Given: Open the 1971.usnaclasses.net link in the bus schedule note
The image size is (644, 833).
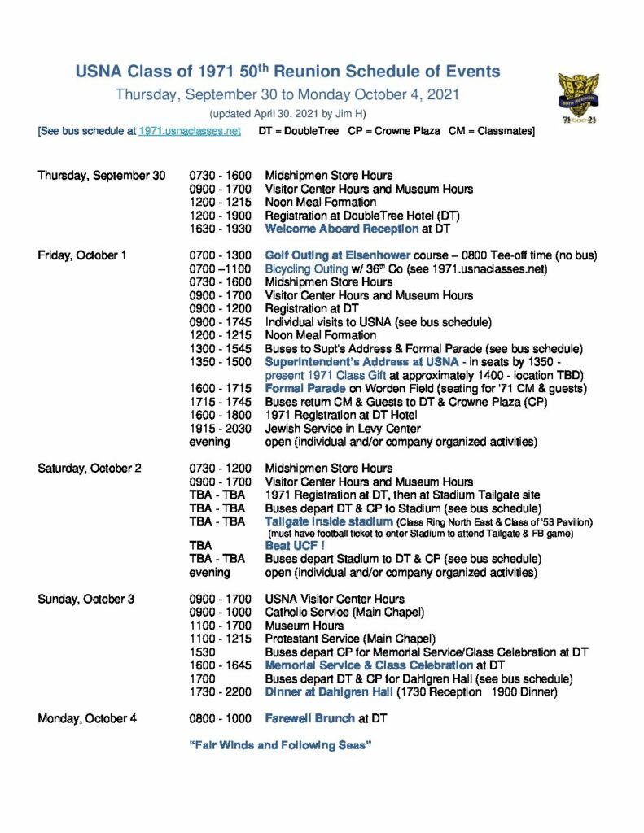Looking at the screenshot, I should [x=190, y=131].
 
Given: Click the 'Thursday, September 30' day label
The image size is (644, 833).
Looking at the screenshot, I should [x=101, y=176].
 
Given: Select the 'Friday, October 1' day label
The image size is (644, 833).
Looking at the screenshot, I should [x=82, y=255].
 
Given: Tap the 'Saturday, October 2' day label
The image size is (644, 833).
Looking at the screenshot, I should [x=90, y=469].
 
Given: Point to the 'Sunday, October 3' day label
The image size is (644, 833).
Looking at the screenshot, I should [x=85, y=600].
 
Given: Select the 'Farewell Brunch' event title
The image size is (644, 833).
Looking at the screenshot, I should [x=309, y=719].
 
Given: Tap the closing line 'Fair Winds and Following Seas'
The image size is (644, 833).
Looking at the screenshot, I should [x=280, y=745].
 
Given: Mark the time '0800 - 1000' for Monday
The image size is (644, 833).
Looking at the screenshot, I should [x=221, y=719].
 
